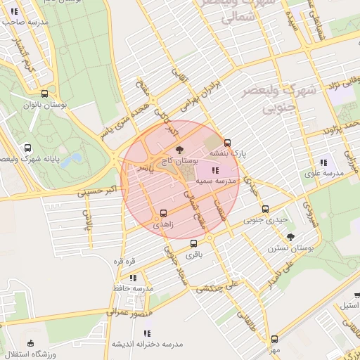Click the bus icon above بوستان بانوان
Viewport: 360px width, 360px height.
(46, 94)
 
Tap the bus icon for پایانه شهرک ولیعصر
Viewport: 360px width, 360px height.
(27, 148)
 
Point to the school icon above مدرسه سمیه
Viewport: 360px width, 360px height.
(214, 170)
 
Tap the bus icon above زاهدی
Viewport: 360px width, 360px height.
(164, 212)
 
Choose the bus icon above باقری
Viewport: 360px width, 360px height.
(193, 244)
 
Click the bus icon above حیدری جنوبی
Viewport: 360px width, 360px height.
(265, 209)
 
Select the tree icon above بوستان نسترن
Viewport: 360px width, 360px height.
(291, 237)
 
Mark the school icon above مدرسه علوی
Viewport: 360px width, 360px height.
(323, 162)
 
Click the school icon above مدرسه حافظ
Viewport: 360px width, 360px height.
(133, 278)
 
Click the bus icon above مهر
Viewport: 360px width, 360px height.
(274, 339)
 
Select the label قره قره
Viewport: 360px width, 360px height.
(125, 261)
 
